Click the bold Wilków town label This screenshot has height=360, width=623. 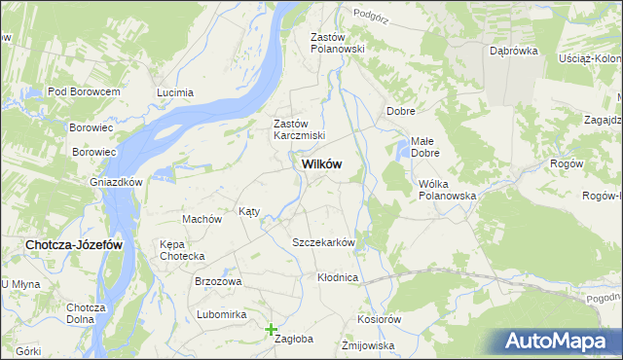pyautogui.click(x=315, y=165)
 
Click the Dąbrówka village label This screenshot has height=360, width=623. pyautogui.click(x=514, y=51)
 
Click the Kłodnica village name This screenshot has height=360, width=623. pyautogui.click(x=339, y=277)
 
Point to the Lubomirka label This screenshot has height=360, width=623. pyautogui.click(x=221, y=314)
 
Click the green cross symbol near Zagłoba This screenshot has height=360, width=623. pyautogui.click(x=272, y=330)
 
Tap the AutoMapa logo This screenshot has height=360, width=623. pyautogui.click(x=559, y=342)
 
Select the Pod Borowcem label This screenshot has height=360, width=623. pyautogui.click(x=83, y=91)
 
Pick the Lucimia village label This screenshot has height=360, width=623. pyautogui.click(x=176, y=93)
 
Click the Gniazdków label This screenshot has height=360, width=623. pyautogui.click(x=116, y=182)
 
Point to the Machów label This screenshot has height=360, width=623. pyautogui.click(x=202, y=219)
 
